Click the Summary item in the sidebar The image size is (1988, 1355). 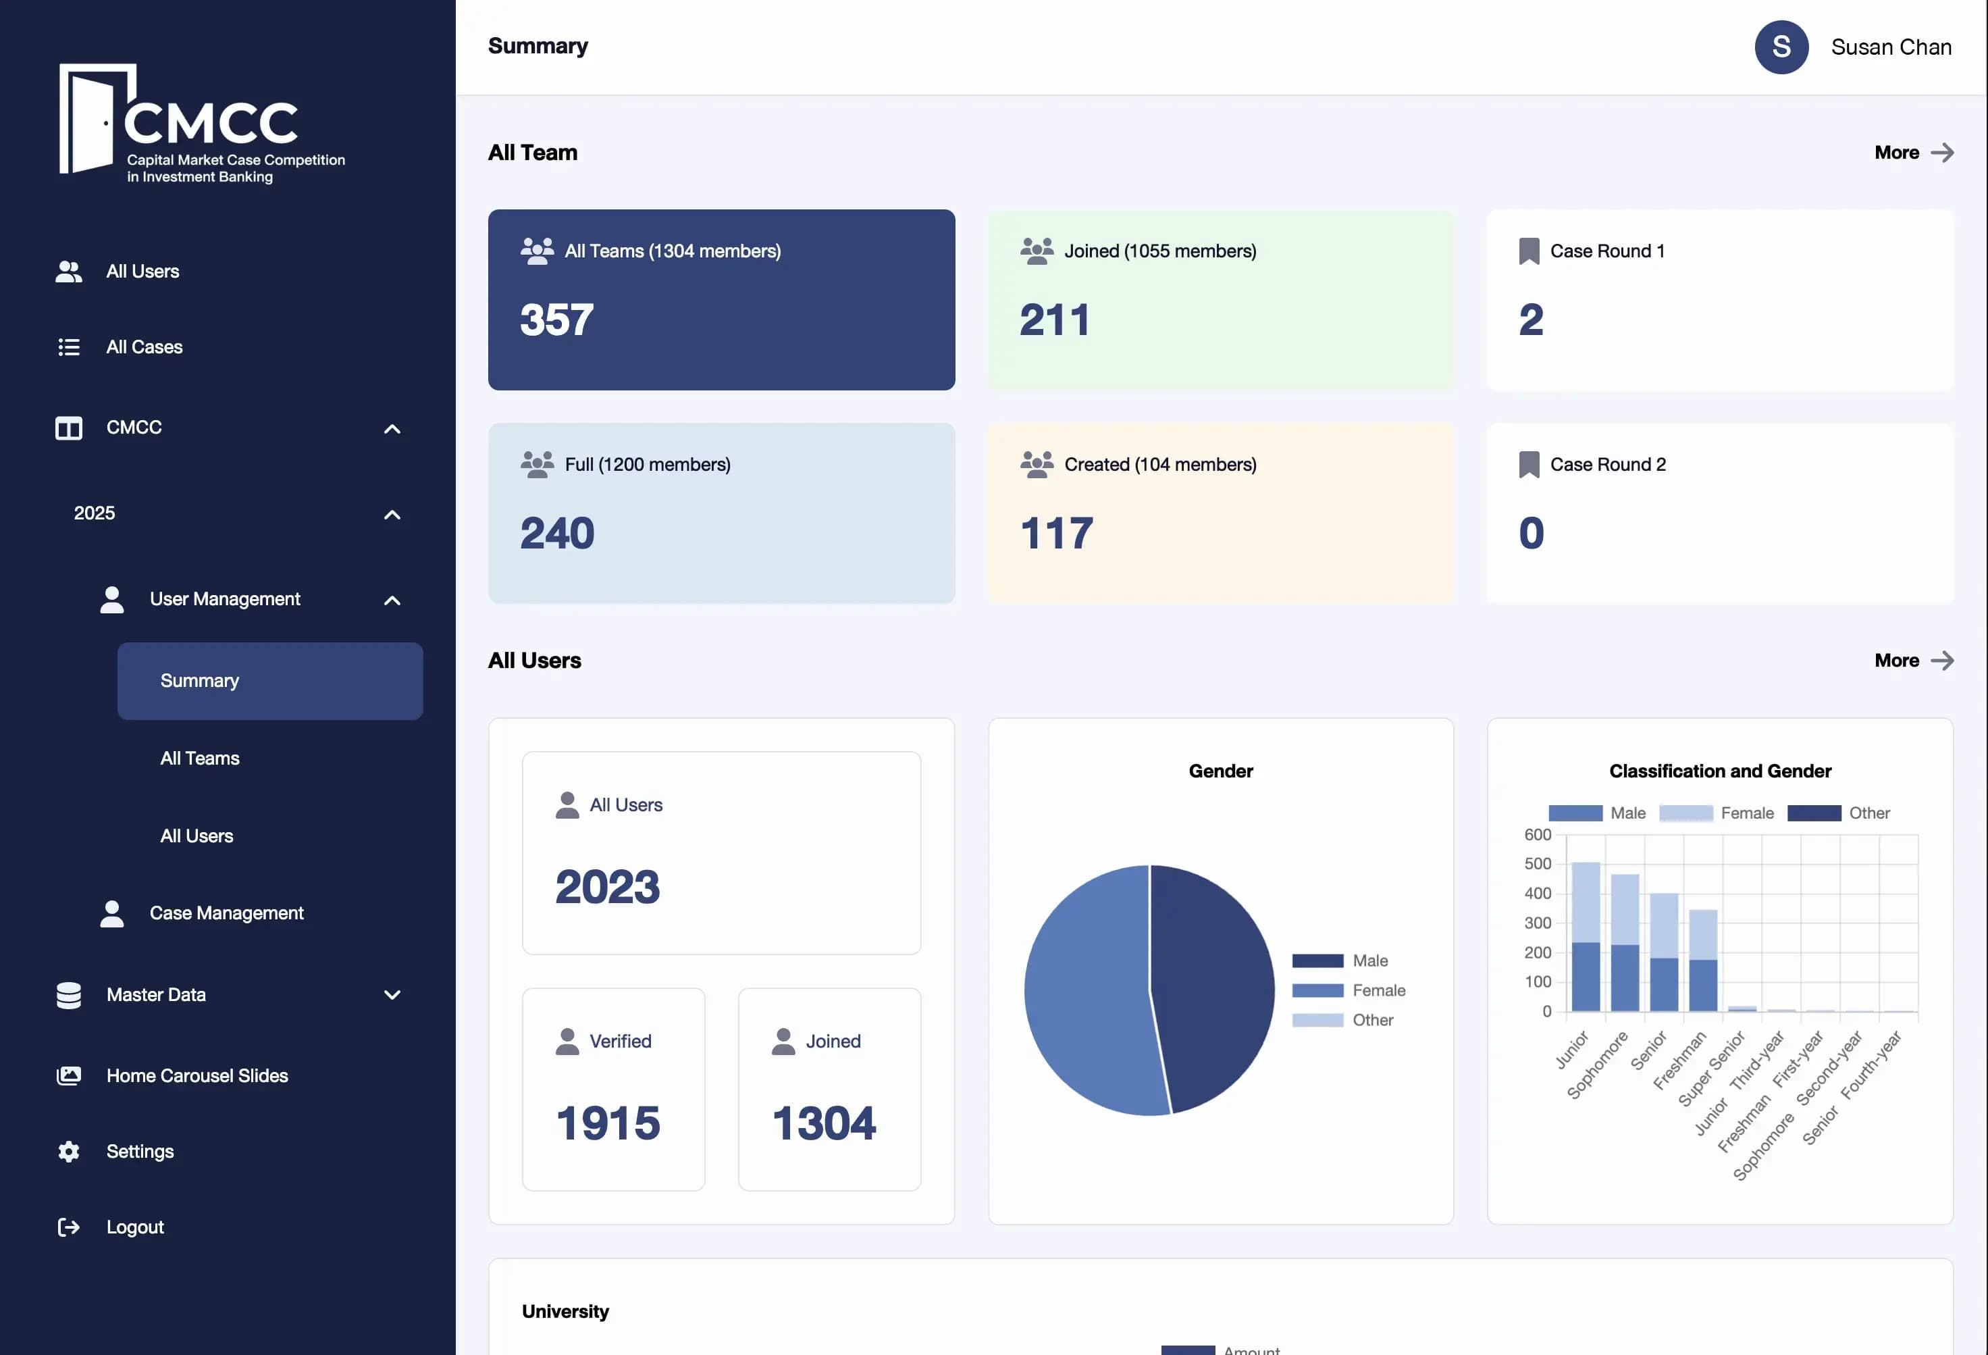pos(269,681)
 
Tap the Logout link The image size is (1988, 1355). pos(134,1227)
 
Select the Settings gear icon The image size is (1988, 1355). pos(68,1152)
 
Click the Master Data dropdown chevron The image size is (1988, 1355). pos(392,995)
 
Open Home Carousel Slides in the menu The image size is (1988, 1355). pos(197,1075)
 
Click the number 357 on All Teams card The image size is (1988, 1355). pos(557,320)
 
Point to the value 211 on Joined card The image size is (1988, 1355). pos(1055,320)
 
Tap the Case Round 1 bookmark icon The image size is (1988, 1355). pos(1529,251)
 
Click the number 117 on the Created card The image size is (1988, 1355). pos(1056,533)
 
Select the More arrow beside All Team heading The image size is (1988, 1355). pos(1942,152)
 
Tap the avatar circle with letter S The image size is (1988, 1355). pos(1781,47)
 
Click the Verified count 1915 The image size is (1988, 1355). pos(608,1123)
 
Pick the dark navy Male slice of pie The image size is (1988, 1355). pos(1215,983)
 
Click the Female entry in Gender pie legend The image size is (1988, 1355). pos(1378,991)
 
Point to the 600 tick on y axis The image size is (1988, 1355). pos(1537,834)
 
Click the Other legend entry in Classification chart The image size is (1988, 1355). pos(1868,813)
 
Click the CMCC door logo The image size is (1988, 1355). pos(94,120)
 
